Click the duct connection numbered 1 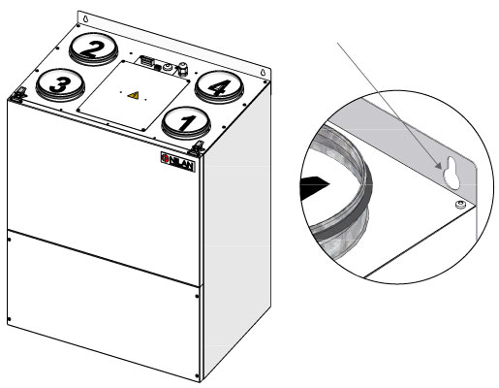186,123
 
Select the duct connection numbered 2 93,49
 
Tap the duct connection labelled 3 60,84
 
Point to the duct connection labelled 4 219,87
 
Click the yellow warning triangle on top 133,95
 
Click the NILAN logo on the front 178,162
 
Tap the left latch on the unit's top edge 19,94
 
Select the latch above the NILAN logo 197,148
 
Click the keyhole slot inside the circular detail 452,173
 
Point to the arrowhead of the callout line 438,165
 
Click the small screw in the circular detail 460,205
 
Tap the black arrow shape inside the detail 314,188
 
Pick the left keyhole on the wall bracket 85,19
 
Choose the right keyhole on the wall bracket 264,73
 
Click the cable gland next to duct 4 182,69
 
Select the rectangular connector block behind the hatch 146,60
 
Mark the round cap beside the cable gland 167,68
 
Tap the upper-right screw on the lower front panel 197,296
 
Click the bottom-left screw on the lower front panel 9,319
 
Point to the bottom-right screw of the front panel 197,375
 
